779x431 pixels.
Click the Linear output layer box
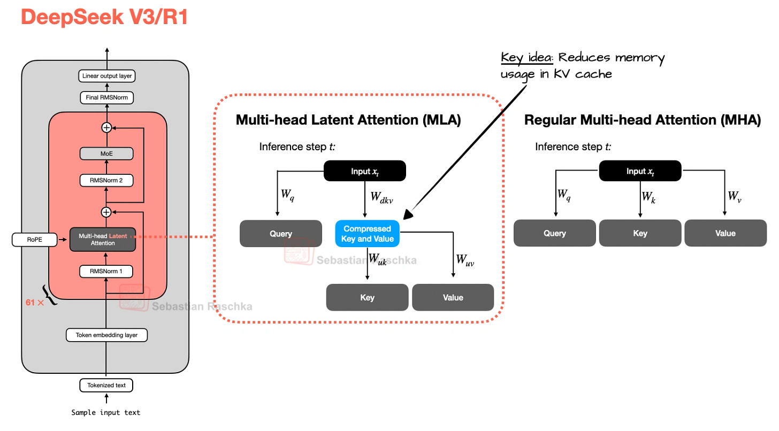[x=106, y=76]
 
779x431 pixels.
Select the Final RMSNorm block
[x=106, y=98]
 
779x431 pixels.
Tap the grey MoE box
[x=106, y=153]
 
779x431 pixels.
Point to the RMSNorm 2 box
[x=106, y=180]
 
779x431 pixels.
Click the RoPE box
[x=34, y=240]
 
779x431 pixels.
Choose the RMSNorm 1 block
[x=106, y=272]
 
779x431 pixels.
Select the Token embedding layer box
[x=106, y=335]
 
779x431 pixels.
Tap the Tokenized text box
[x=106, y=385]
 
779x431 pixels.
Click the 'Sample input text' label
[x=106, y=412]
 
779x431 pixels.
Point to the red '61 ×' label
[x=34, y=302]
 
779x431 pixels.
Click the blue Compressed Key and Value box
[x=367, y=234]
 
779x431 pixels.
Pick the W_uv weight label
[x=464, y=260]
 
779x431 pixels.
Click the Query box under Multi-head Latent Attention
[x=281, y=234]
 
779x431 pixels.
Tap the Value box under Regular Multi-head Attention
[x=725, y=233]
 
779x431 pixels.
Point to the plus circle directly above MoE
[x=106, y=128]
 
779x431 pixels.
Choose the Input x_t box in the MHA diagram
[x=640, y=171]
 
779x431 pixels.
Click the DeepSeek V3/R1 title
[x=104, y=17]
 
